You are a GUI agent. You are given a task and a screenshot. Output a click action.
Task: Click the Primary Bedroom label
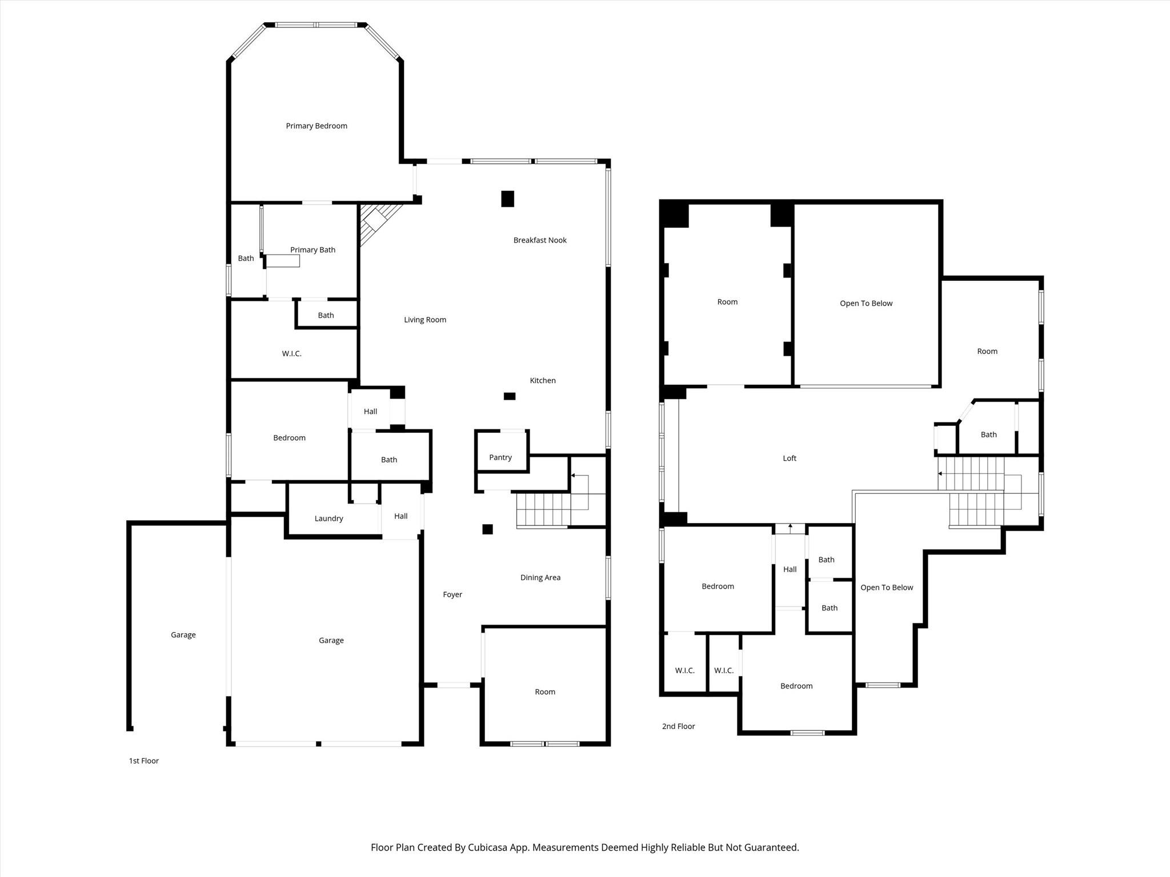point(316,126)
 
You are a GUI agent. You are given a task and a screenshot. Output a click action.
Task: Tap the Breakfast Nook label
point(540,240)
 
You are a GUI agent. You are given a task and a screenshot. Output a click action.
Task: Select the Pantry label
point(500,457)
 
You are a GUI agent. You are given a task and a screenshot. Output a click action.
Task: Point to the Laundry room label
point(328,518)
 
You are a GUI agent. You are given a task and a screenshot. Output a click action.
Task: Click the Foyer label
point(452,595)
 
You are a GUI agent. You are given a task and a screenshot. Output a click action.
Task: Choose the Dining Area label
point(540,578)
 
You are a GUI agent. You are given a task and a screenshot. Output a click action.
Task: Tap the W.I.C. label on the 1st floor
point(291,354)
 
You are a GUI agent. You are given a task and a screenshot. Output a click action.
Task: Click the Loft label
point(790,458)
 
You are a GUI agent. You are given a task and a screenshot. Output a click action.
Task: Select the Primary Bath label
point(312,250)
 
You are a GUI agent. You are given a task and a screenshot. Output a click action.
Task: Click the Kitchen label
point(543,381)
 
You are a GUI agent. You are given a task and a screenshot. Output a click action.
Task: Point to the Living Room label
point(425,320)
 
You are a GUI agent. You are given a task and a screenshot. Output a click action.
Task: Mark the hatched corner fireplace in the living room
point(377,223)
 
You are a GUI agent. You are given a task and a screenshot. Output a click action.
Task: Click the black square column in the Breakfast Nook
point(508,199)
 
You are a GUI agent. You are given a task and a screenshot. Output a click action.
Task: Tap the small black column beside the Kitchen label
point(510,396)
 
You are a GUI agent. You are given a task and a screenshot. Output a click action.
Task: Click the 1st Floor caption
point(144,761)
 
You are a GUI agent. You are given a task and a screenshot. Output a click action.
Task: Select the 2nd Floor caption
point(679,727)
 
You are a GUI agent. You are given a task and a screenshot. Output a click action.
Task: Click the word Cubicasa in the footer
point(489,848)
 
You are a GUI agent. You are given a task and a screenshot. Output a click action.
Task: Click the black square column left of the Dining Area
point(487,529)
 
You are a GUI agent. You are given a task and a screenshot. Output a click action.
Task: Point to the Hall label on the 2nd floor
point(790,569)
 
